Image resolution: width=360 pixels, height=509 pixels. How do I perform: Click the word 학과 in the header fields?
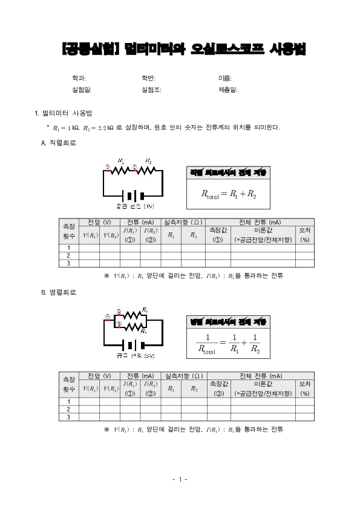point(78,78)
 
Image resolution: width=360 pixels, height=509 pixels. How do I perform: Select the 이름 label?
point(224,78)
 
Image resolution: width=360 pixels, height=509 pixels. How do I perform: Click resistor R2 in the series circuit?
point(149,170)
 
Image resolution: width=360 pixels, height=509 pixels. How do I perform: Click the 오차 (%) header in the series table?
point(305,235)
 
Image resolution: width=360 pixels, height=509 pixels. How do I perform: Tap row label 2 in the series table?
point(68,255)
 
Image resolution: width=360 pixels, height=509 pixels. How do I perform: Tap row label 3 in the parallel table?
point(68,416)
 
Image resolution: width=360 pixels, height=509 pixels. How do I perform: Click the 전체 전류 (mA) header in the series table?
point(260,223)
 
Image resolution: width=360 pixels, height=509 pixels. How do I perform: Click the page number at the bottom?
point(180,479)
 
